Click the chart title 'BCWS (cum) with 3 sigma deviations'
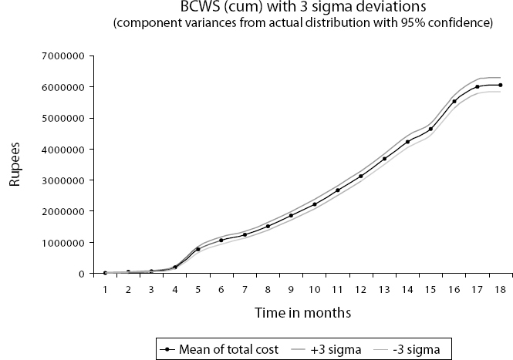coord(302,8)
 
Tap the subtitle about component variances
coord(302,23)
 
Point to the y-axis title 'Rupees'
coord(15,164)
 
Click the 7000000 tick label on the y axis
coord(62,56)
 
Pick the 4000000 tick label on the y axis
coord(62,150)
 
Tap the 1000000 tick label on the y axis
coord(62,242)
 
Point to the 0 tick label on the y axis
coord(80,274)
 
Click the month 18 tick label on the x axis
coord(501,288)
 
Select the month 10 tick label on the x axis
coord(315,288)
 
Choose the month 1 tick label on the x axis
coord(105,288)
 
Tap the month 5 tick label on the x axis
coord(198,288)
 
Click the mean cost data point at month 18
coord(501,85)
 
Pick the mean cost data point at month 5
coord(198,249)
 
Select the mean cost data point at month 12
coord(361,177)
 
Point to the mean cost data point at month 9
coord(291,216)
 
